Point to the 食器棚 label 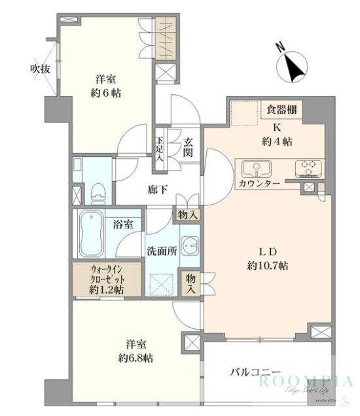pos(282,109)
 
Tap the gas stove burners pos(310,168)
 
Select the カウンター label pos(259,184)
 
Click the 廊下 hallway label pos(154,190)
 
